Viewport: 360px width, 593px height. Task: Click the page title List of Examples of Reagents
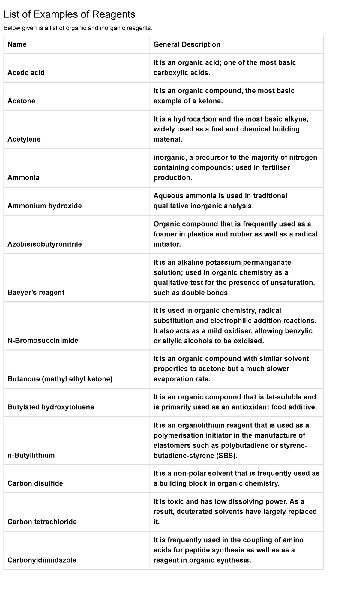pyautogui.click(x=69, y=14)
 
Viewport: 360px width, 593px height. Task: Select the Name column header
pyautogui.click(x=17, y=44)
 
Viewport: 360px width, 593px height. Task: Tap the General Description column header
pyautogui.click(x=187, y=44)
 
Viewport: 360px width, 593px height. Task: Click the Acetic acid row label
pyautogui.click(x=26, y=73)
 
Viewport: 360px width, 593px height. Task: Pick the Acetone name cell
pyautogui.click(x=21, y=101)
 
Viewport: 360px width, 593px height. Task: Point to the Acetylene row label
pyautogui.click(x=24, y=139)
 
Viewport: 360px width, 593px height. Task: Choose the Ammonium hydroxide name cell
pyautogui.click(x=45, y=206)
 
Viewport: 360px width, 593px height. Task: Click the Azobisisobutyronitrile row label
pyautogui.click(x=45, y=244)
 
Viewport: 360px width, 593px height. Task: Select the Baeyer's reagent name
pyautogui.click(x=36, y=292)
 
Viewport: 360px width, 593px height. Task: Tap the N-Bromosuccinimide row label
pyautogui.click(x=43, y=340)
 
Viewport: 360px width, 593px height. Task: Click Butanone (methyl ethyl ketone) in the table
pyautogui.click(x=60, y=379)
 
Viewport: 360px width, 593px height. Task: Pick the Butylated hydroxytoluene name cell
pyautogui.click(x=51, y=407)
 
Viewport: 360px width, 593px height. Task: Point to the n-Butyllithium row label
pyautogui.click(x=31, y=455)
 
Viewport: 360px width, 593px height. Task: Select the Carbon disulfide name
pyautogui.click(x=35, y=483)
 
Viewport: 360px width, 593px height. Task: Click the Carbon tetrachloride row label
pyautogui.click(x=42, y=522)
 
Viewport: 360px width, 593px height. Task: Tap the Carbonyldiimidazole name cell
pyautogui.click(x=42, y=560)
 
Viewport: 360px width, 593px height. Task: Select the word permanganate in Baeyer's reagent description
pyautogui.click(x=267, y=262)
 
